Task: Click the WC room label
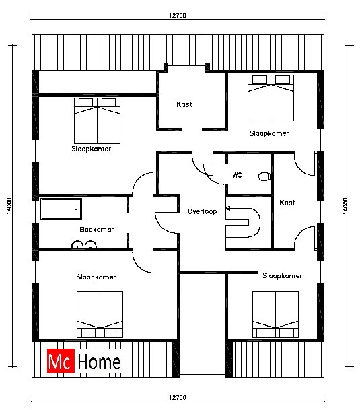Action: point(237,175)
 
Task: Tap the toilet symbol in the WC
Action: point(264,177)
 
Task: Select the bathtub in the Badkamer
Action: point(61,209)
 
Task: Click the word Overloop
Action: point(203,211)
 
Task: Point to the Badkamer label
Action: point(97,230)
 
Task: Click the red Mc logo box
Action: point(61,361)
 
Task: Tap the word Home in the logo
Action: point(100,362)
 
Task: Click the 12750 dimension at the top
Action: point(178,15)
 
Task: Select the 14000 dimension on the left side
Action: point(9,206)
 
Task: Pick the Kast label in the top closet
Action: point(184,104)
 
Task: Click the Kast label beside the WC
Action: point(287,203)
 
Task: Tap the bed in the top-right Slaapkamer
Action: point(271,98)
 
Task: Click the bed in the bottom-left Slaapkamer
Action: point(100,314)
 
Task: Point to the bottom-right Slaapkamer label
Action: point(283,275)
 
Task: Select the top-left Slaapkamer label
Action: point(92,149)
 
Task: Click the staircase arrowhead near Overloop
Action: point(228,209)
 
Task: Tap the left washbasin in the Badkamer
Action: point(77,245)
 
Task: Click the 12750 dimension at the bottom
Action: point(178,397)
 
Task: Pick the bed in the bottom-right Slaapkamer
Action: point(276,314)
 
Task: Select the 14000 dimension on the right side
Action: point(345,206)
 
